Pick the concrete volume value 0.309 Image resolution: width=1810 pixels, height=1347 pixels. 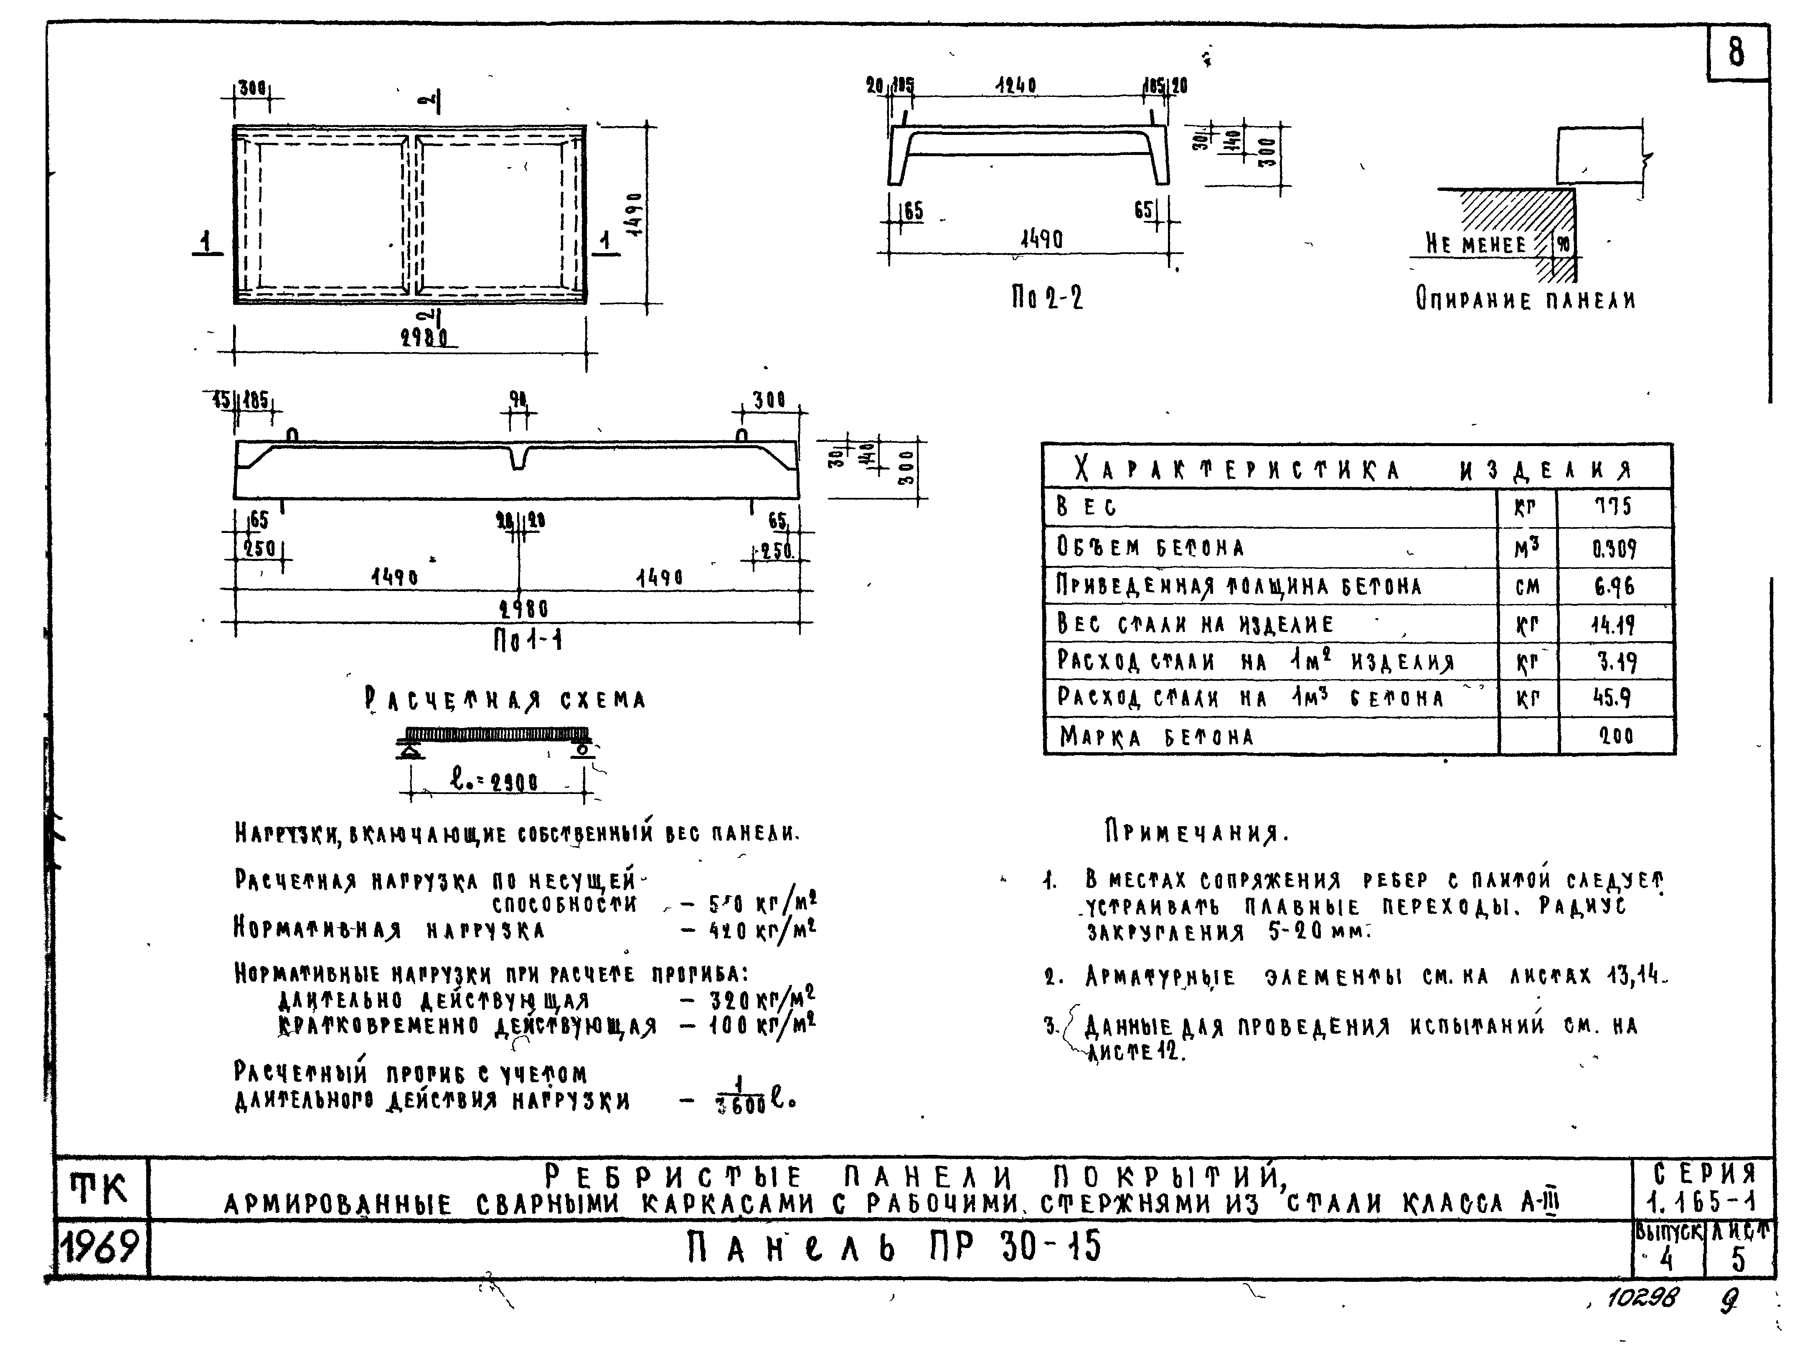click(x=1615, y=549)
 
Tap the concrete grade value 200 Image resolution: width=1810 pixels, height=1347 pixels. click(x=1615, y=736)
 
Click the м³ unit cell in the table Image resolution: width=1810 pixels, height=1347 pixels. click(x=1527, y=549)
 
